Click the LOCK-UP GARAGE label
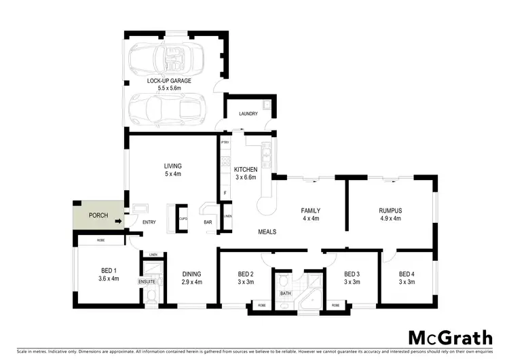coord(170,84)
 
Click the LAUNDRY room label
coord(248,114)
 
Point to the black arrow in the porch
coord(119,221)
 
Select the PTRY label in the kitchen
coord(225,143)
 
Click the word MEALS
coord(267,232)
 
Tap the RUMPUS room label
coord(390,215)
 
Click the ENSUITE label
coord(148,281)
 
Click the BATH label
coord(285,293)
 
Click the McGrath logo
coord(451,338)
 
